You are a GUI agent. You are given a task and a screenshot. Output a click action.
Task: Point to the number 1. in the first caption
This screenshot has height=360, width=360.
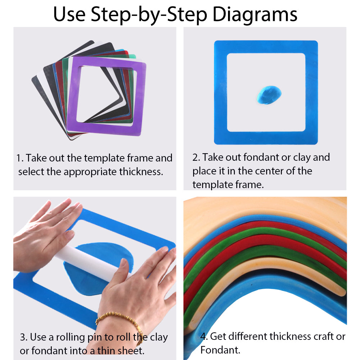[x=20, y=158]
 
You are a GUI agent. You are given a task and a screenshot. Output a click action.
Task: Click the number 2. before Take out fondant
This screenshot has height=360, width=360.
[x=196, y=158]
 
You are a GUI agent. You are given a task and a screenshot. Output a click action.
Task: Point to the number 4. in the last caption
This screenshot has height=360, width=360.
[x=204, y=337]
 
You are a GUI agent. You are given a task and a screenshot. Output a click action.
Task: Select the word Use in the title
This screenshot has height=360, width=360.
[x=70, y=14]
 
